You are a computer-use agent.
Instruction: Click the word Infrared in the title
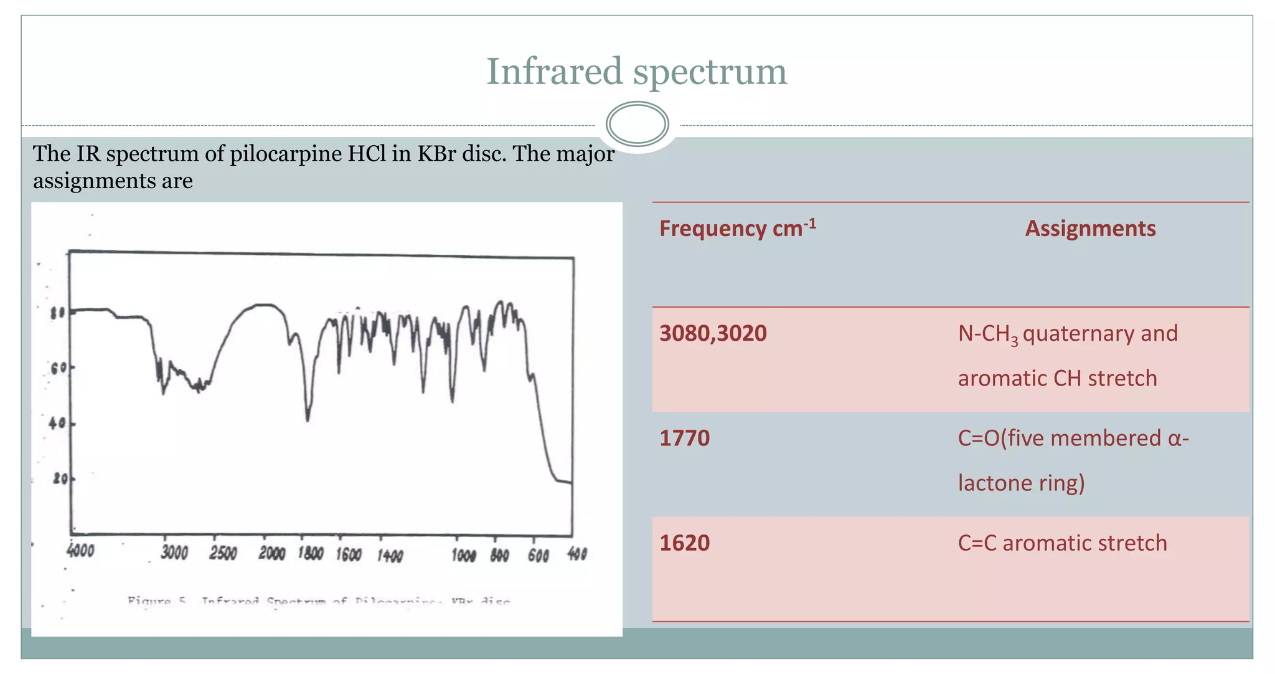coord(553,71)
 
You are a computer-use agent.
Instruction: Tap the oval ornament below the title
coord(637,124)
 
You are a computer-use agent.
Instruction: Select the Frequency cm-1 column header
coord(737,229)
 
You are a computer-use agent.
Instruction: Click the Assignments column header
coord(1090,229)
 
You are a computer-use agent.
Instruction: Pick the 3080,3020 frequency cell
coord(713,333)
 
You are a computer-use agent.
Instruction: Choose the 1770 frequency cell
coord(684,438)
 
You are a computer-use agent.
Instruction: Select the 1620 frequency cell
coord(684,543)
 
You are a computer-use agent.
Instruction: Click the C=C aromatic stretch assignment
coord(1062,543)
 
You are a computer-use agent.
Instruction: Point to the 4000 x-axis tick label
coord(80,551)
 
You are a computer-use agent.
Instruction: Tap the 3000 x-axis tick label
coord(174,553)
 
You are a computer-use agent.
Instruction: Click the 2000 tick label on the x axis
coord(271,553)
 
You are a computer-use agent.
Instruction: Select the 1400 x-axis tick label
coord(390,555)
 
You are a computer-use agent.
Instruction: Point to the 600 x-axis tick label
coord(538,555)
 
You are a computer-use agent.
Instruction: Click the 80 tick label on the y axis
coord(57,313)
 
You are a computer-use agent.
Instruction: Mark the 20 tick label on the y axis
coord(60,479)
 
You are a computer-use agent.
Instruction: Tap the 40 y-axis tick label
coord(57,424)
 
